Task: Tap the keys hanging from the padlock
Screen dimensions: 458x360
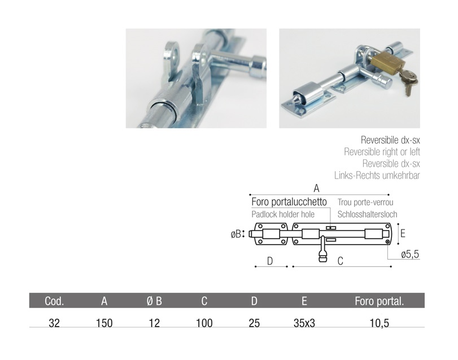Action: coord(408,81)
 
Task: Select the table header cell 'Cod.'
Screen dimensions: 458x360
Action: coord(54,301)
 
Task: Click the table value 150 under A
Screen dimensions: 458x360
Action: coord(104,323)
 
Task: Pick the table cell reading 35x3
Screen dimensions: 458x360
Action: coord(304,323)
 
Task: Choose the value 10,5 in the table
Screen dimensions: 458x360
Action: coord(379,323)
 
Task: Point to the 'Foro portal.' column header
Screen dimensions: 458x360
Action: coord(379,301)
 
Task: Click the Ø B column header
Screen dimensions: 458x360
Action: coord(154,301)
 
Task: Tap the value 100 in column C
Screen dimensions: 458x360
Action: coord(204,323)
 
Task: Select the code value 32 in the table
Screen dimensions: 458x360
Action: coord(54,323)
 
